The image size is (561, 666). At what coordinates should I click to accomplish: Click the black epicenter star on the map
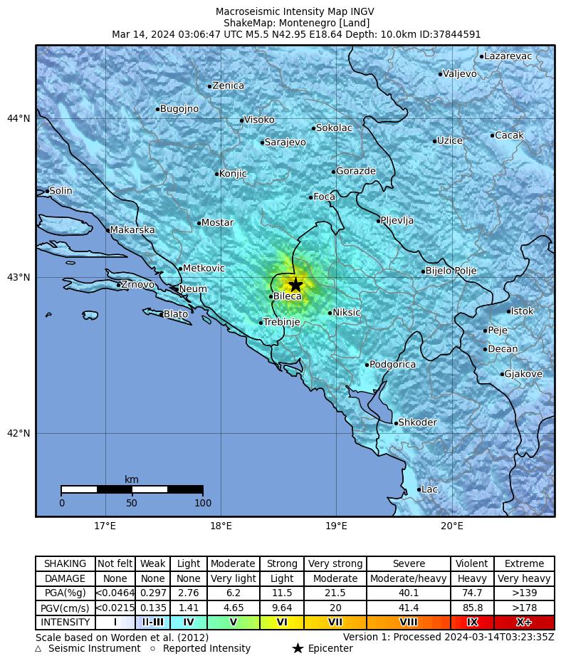coord(295,285)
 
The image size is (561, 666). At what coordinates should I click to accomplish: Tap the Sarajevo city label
coord(285,142)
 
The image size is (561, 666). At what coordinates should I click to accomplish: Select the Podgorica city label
coord(392,365)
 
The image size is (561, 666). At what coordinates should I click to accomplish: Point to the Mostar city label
coord(217,223)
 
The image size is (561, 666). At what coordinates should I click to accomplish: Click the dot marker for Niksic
coord(330,313)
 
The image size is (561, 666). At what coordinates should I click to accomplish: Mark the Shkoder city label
coord(417,422)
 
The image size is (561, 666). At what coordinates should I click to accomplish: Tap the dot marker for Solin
coord(48,191)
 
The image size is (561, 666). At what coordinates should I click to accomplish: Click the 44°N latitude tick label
coord(19,118)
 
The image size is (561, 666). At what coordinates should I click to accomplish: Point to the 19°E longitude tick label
coord(336,526)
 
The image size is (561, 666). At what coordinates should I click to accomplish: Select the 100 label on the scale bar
coord(203,504)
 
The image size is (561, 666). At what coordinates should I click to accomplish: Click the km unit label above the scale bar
coord(132,480)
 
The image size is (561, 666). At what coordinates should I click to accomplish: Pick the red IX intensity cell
coord(472,623)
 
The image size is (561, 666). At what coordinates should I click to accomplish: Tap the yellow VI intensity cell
coord(282,623)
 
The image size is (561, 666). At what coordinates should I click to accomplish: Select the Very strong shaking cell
coord(335,564)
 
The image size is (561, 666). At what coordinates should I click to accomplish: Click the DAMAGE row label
coord(65,579)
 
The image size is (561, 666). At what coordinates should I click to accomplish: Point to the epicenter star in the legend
coord(298,648)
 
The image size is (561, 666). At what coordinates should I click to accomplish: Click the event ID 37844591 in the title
coord(456,34)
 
